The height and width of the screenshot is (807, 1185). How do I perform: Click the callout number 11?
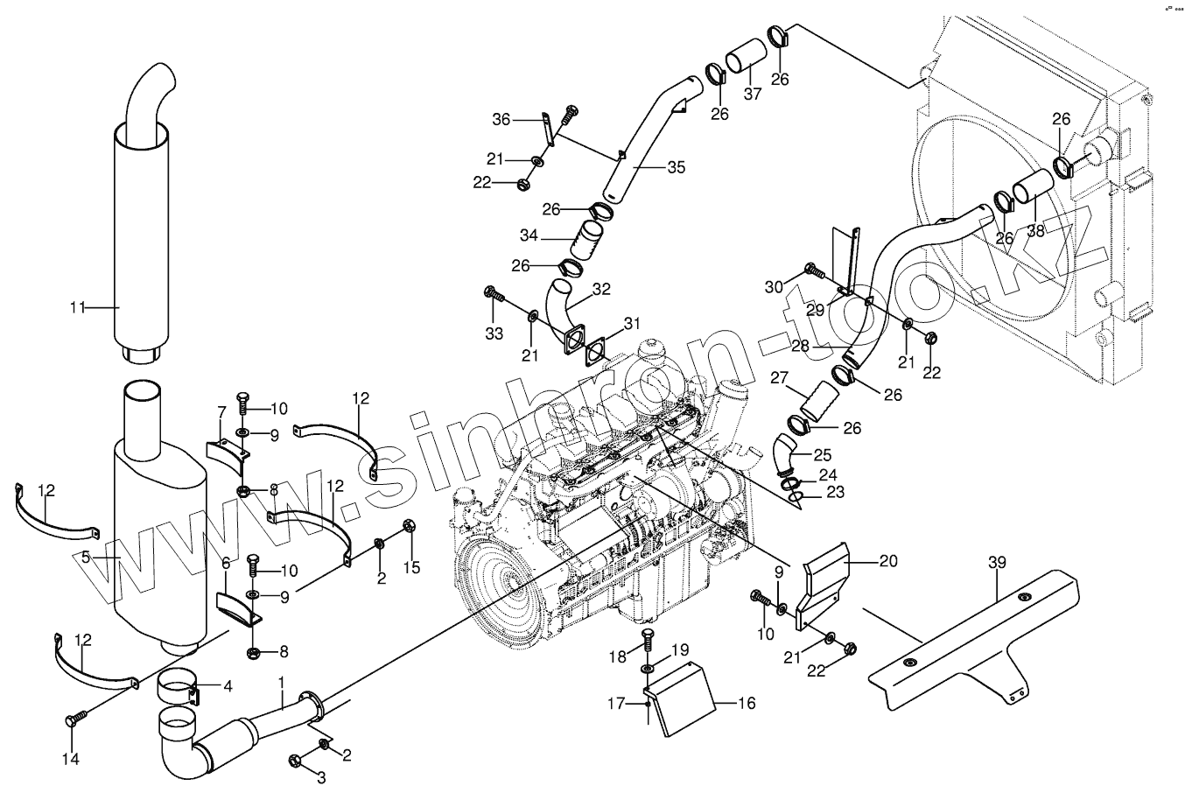pos(78,307)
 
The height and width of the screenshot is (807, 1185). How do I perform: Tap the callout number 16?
pos(747,702)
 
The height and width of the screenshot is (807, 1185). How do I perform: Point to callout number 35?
pos(677,166)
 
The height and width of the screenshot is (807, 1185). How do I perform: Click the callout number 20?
pos(887,562)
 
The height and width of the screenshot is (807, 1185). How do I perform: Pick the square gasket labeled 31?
pos(596,349)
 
